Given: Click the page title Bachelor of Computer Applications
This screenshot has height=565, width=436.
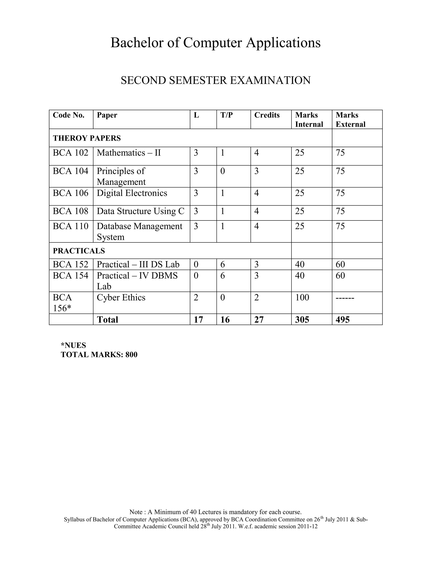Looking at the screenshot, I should coord(215,43).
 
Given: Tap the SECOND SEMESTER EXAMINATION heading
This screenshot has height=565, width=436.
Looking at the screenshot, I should coord(215,80).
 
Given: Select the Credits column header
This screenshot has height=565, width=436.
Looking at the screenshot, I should coord(267,115).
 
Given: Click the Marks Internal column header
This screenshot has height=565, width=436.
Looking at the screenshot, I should coord(309,120).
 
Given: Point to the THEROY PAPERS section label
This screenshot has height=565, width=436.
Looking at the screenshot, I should coord(87,138).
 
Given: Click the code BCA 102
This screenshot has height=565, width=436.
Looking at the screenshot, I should coord(70,153).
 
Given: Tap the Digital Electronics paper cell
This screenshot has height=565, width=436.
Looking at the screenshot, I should coord(132,193).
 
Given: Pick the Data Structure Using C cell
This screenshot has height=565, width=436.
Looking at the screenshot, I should coord(141,211).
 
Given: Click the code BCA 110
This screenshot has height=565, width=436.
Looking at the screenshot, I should coord(70,226).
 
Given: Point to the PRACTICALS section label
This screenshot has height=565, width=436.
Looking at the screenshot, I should coord(79,251).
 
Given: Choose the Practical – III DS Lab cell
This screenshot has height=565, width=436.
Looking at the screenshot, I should coord(138,264).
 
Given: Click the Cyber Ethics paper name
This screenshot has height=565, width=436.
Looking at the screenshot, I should coord(121,297).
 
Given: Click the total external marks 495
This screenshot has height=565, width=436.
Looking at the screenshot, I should coord(343,320).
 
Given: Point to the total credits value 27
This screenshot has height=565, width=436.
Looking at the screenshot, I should coord(259,320).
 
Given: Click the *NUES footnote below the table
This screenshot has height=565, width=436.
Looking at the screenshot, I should coord(73,345).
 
